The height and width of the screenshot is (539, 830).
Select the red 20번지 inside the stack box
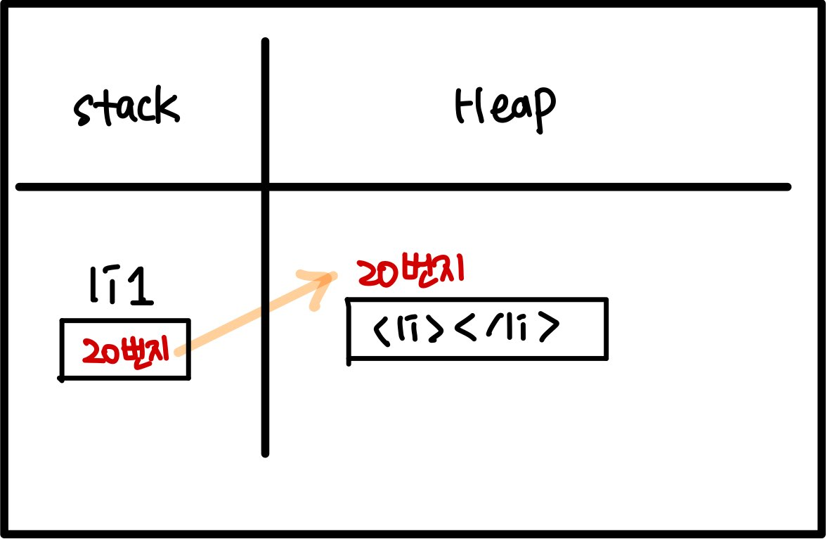(x=127, y=350)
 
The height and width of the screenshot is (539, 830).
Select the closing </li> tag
(x=507, y=329)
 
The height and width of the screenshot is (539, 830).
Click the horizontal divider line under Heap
(x=527, y=187)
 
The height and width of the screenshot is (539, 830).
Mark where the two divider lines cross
(x=265, y=187)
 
